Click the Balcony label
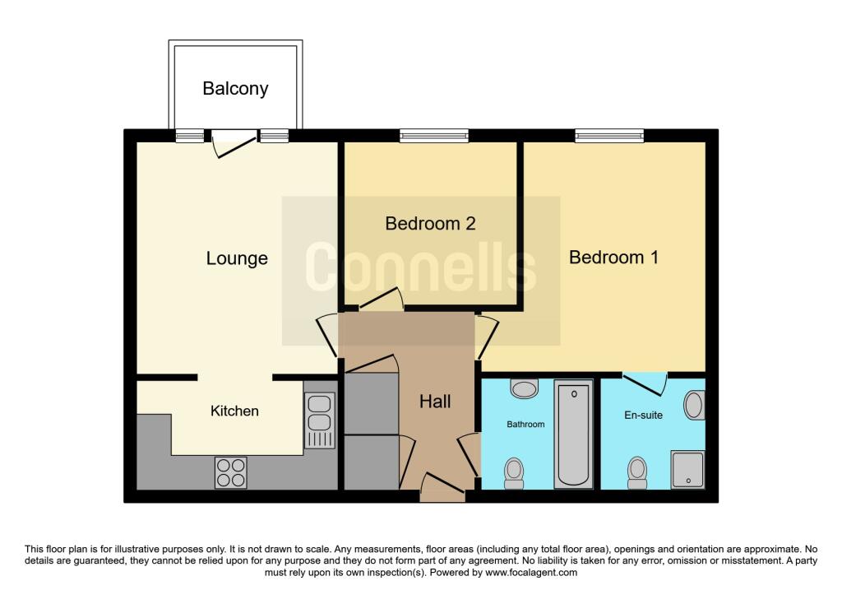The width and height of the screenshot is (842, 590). pyautogui.click(x=235, y=89)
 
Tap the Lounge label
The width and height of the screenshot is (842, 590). pyautogui.click(x=237, y=258)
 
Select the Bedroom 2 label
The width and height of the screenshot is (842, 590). pyautogui.click(x=430, y=224)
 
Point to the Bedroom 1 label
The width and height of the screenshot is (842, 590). pyautogui.click(x=613, y=258)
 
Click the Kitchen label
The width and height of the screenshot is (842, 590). pyautogui.click(x=234, y=411)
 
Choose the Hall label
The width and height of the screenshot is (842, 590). pyautogui.click(x=435, y=402)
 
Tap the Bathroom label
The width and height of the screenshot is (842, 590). pyautogui.click(x=525, y=424)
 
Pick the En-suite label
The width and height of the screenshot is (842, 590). pyautogui.click(x=643, y=415)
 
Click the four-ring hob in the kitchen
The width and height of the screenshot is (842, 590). pyautogui.click(x=231, y=473)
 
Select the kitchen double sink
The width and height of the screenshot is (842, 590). pyautogui.click(x=320, y=420)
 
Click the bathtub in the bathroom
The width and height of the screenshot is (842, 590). pyautogui.click(x=573, y=434)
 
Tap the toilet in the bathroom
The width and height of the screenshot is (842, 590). pyautogui.click(x=514, y=473)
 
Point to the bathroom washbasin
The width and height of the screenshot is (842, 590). pyautogui.click(x=524, y=388)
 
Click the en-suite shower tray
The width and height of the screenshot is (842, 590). pyautogui.click(x=687, y=470)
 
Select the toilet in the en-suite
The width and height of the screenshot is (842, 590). pyautogui.click(x=637, y=473)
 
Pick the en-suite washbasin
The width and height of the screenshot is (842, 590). pyautogui.click(x=694, y=406)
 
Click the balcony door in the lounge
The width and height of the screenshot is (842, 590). pyautogui.click(x=234, y=143)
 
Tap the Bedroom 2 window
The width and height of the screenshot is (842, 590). pyautogui.click(x=434, y=136)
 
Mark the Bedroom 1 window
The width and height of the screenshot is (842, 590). pyautogui.click(x=609, y=136)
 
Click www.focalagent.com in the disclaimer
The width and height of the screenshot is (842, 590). pyautogui.click(x=531, y=573)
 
